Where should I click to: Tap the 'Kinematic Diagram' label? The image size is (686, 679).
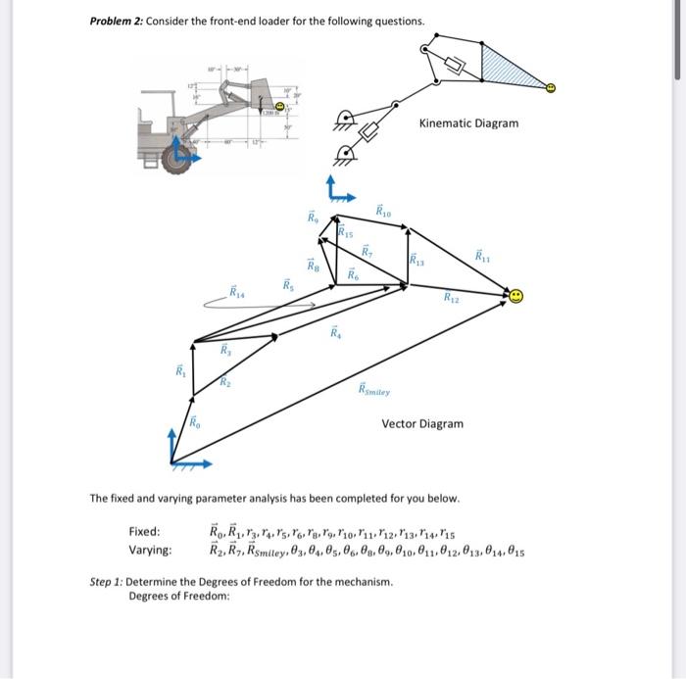(468, 123)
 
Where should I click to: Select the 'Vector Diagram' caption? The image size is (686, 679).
(422, 423)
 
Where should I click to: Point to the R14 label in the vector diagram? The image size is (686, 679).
(237, 292)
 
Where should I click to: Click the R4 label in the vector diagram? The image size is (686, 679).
(335, 334)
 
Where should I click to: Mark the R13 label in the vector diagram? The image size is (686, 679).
(418, 261)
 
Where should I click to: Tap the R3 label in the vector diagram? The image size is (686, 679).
(224, 349)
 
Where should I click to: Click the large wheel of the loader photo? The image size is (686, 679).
(176, 157)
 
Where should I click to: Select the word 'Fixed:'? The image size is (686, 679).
(144, 531)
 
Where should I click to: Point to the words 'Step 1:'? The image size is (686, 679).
(107, 581)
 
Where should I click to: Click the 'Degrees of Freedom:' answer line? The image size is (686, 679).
(180, 596)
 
